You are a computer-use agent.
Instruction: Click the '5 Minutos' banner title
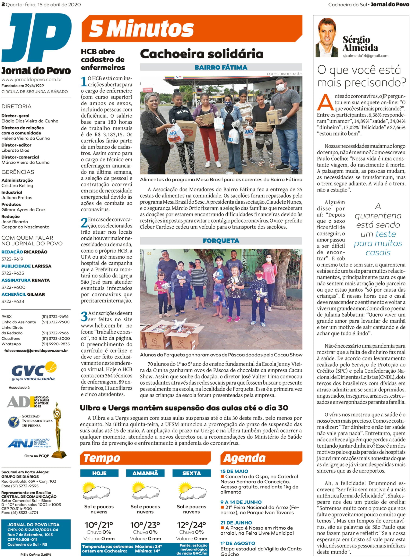click(141, 29)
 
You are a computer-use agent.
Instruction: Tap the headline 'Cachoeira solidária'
click(201, 54)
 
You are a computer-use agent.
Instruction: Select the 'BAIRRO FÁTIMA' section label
click(221, 67)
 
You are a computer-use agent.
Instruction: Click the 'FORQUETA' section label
click(221, 241)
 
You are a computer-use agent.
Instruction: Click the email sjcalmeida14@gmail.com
click(365, 56)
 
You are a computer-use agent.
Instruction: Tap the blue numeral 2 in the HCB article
click(84, 223)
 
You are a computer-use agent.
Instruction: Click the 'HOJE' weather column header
click(99, 473)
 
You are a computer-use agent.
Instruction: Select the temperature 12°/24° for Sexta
click(191, 525)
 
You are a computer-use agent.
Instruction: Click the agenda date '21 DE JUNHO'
click(236, 523)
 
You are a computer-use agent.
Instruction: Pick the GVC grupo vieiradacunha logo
click(34, 371)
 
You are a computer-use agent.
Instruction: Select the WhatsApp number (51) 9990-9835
click(55, 344)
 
